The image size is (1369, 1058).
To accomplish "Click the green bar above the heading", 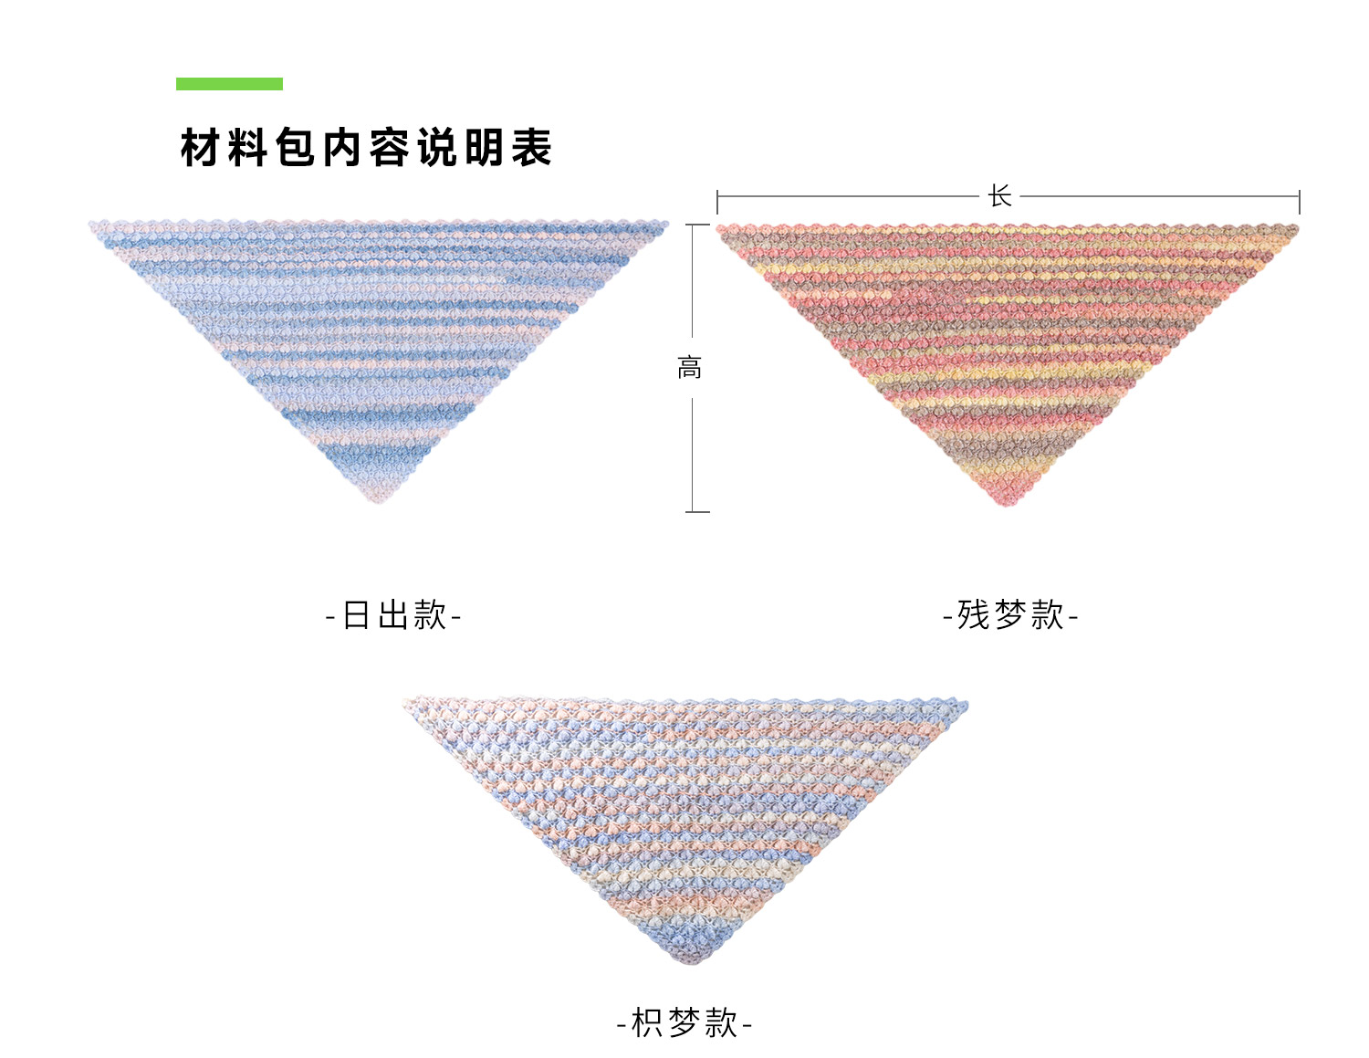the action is tap(229, 84).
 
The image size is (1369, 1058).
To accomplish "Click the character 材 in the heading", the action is tap(201, 148).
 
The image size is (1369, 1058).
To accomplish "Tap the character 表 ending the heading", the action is tap(531, 148).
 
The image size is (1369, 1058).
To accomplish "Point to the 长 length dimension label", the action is tap(999, 196).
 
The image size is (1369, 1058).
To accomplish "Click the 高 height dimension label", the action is tap(690, 368).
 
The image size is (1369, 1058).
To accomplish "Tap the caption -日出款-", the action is tap(393, 615).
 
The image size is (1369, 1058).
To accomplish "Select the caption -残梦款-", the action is tap(1010, 615).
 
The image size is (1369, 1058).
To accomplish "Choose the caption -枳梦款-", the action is tap(684, 1022).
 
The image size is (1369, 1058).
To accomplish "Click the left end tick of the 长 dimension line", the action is tap(717, 202).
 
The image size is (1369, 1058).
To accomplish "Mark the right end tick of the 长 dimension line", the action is tap(1299, 202).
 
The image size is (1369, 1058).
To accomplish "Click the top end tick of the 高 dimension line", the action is tap(697, 225).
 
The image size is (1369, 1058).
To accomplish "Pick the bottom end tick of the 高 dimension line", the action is tap(697, 511).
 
